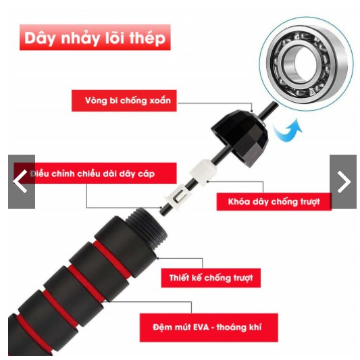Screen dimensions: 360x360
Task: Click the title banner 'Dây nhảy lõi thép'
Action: tap(95, 37)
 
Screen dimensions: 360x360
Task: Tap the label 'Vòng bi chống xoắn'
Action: tap(124, 101)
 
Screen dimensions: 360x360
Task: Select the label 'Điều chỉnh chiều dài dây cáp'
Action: tap(95, 174)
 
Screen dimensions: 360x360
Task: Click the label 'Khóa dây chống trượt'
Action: tap(274, 201)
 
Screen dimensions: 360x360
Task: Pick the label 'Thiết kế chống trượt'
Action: tap(211, 278)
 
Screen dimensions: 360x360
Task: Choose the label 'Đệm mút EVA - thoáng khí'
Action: tap(209, 327)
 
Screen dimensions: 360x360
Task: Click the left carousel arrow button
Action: tap(22, 182)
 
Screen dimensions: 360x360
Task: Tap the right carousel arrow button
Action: tap(343, 182)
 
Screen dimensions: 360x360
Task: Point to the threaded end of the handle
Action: tap(147, 228)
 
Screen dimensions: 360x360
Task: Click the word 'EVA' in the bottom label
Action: tap(201, 327)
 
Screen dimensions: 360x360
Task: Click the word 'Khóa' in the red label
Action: tap(239, 201)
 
